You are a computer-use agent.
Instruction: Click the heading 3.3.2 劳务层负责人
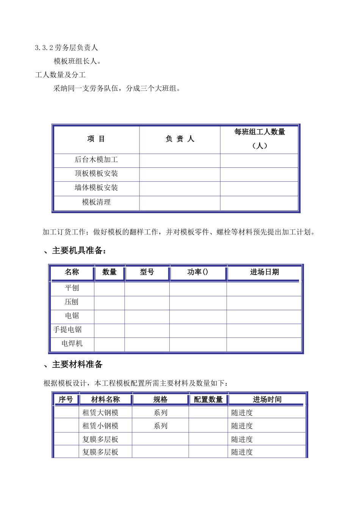point(66,48)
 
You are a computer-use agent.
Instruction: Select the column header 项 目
point(96,139)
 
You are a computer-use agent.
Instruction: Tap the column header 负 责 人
point(180,139)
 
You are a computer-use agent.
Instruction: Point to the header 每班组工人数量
point(260,132)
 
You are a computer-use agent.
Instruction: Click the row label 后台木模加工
point(96,160)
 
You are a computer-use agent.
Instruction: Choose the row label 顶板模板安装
point(96,173)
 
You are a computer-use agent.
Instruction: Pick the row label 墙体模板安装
point(96,187)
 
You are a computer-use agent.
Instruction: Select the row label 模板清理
point(96,202)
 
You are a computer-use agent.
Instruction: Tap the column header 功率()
point(198,272)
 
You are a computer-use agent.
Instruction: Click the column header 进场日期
point(264,272)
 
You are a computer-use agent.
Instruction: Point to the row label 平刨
point(72,288)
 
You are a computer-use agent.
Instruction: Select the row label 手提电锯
point(67,329)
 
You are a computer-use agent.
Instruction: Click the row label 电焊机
point(72,343)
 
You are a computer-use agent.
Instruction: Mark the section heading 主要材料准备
point(77,364)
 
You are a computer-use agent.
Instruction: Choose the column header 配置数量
point(208,400)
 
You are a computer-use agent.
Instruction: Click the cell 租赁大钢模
point(100,413)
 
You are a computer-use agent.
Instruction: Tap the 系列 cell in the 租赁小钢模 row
point(160,426)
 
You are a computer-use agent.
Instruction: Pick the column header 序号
point(66,400)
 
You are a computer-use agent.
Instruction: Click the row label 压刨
point(72,302)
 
